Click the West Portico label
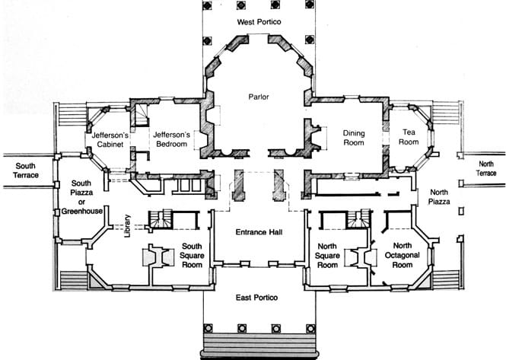(x=259, y=22)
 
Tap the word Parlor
(x=259, y=97)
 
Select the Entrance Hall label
(x=259, y=232)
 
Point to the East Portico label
(x=256, y=298)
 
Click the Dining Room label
(x=354, y=138)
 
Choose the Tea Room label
(x=409, y=137)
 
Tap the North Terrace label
(x=486, y=168)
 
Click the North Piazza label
(x=439, y=197)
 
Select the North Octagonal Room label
(x=402, y=255)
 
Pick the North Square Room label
(x=327, y=256)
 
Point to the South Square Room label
(x=192, y=256)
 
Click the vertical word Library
(x=128, y=226)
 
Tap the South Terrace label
(x=26, y=170)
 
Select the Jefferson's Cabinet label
(x=110, y=139)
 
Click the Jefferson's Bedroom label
(x=171, y=139)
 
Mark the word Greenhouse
(x=82, y=211)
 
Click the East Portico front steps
(x=259, y=345)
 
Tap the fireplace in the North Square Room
(x=361, y=258)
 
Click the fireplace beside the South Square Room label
(x=158, y=256)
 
